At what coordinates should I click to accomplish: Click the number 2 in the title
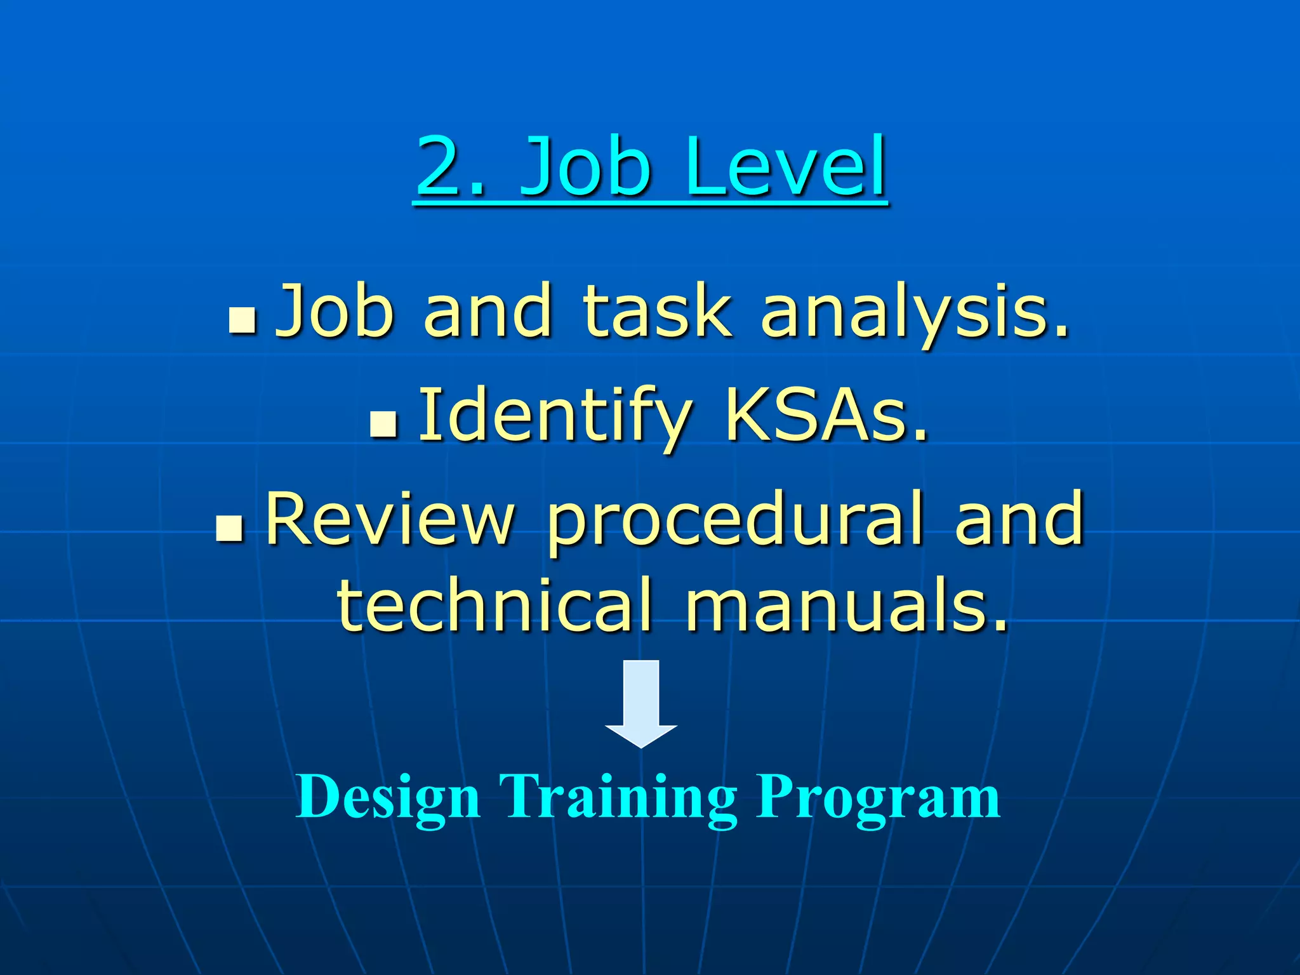click(x=444, y=166)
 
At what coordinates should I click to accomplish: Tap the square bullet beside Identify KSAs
click(x=383, y=423)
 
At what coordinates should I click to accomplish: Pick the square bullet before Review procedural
click(x=229, y=528)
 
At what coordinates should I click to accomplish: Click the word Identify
click(x=555, y=416)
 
